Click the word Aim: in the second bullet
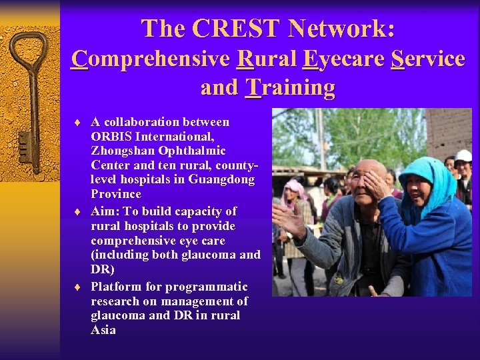(105, 211)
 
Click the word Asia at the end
(103, 330)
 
